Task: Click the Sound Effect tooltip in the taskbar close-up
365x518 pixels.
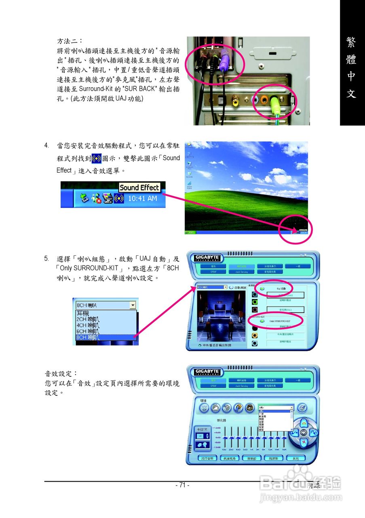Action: click(139, 187)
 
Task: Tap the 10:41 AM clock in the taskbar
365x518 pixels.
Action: click(142, 199)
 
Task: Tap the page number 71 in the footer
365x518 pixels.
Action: click(182, 485)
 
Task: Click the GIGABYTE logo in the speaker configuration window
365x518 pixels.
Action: click(207, 258)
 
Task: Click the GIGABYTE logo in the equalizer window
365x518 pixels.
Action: click(207, 372)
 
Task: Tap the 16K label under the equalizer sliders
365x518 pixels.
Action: click(284, 450)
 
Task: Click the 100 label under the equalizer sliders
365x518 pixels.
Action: click(224, 450)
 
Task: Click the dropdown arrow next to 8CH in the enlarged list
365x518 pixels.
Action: click(133, 306)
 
